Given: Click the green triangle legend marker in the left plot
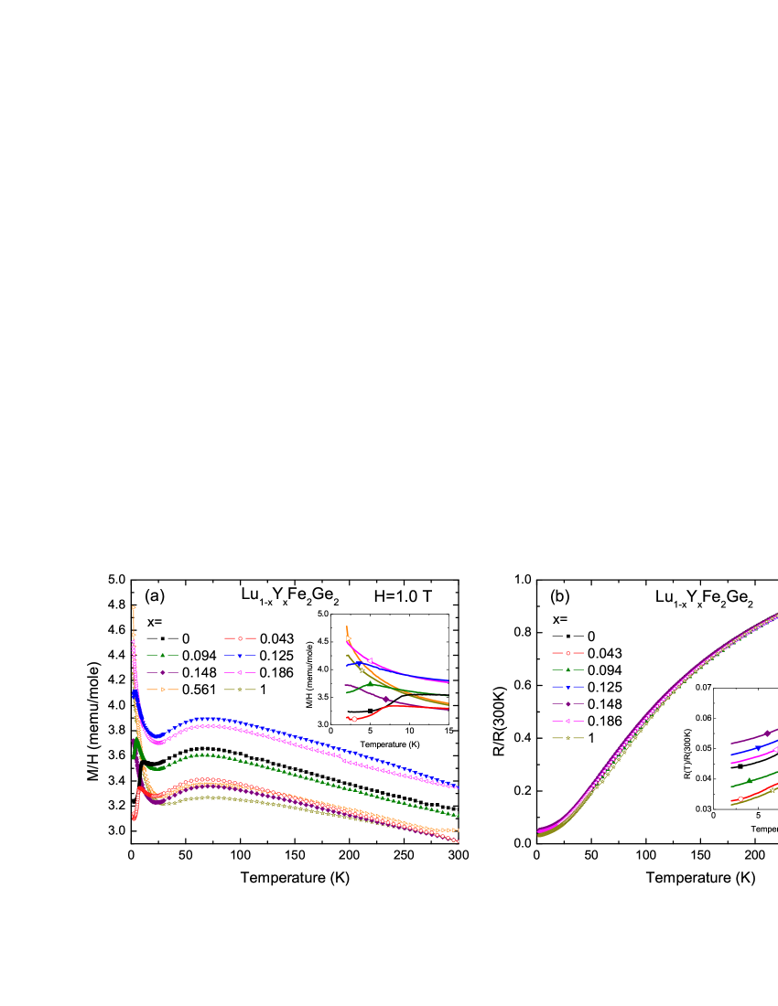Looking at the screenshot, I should pyautogui.click(x=162, y=655).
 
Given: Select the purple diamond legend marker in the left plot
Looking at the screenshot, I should pyautogui.click(x=162, y=672).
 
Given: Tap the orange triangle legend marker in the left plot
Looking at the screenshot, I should pyautogui.click(x=162, y=689).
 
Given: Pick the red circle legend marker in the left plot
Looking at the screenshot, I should pyautogui.click(x=240, y=638).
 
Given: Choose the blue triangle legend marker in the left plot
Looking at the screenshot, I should pyautogui.click(x=240, y=655).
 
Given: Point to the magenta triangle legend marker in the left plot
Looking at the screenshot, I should pyautogui.click(x=240, y=672).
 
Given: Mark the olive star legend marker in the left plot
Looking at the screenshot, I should pyautogui.click(x=240, y=689).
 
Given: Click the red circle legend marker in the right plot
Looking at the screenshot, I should pyautogui.click(x=567, y=653).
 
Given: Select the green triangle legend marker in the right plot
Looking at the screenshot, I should pyautogui.click(x=567, y=669).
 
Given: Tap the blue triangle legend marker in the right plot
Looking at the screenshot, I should pyautogui.click(x=567, y=686).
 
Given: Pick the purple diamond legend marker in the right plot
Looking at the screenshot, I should pyautogui.click(x=567, y=703).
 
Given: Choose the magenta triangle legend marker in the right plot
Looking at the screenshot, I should pyautogui.click(x=567, y=721).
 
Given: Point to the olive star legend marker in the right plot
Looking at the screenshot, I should pyautogui.click(x=567, y=737).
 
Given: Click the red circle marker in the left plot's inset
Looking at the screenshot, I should pyautogui.click(x=354, y=719).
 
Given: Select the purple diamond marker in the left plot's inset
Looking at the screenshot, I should pyautogui.click(x=386, y=700).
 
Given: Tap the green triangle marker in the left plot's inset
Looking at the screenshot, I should pyautogui.click(x=371, y=683).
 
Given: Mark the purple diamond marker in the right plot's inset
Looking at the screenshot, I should pyautogui.click(x=767, y=733).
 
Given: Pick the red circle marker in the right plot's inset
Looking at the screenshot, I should pyautogui.click(x=740, y=798).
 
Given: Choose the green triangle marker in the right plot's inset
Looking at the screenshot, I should pyautogui.click(x=750, y=780).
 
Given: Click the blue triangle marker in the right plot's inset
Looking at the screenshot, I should pyautogui.click(x=758, y=747).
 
